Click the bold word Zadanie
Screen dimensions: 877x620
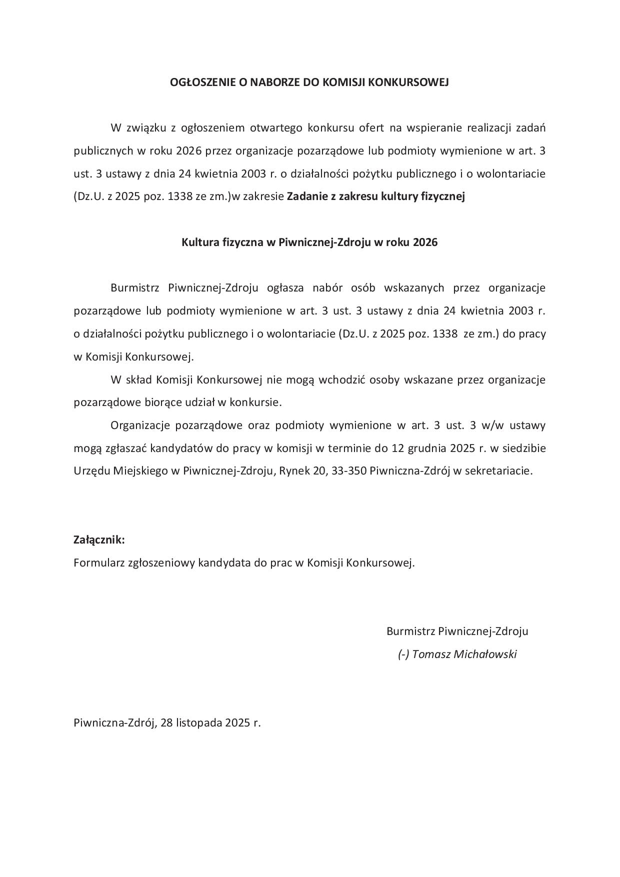303,196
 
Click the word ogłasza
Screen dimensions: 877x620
286,288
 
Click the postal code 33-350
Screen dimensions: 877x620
348,471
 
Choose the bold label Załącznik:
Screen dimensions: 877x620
99,540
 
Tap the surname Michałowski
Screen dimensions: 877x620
484,654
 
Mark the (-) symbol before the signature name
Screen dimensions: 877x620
403,654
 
